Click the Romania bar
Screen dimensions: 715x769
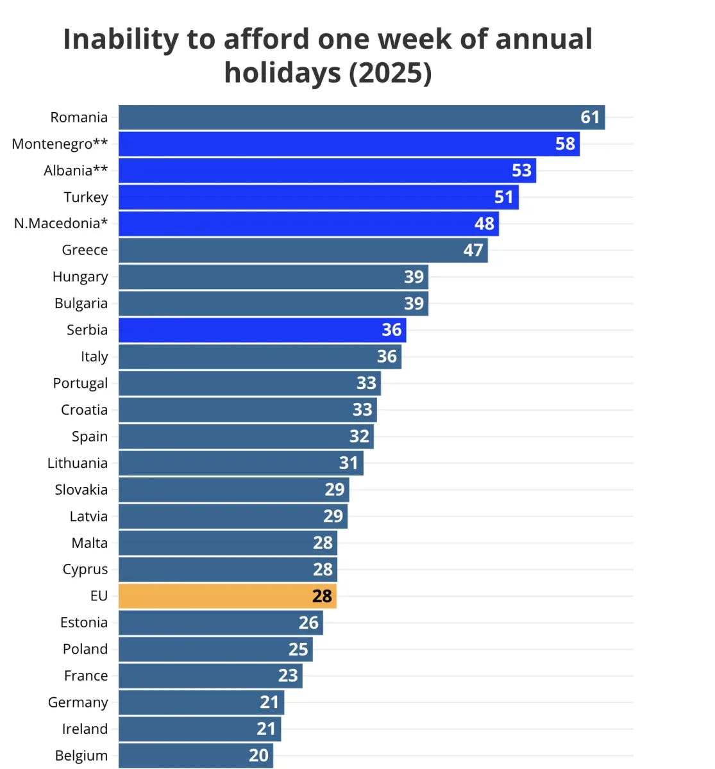click(362, 117)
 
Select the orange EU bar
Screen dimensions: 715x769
click(228, 596)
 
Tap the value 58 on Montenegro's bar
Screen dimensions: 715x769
click(565, 144)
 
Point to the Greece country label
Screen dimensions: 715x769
click(85, 250)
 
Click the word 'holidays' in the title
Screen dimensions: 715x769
click(283, 73)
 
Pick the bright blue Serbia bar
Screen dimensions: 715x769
click(262, 330)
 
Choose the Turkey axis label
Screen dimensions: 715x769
click(86, 197)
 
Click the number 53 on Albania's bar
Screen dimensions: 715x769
click(521, 170)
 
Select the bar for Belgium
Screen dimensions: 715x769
click(196, 756)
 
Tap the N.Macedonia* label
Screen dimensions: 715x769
click(61, 224)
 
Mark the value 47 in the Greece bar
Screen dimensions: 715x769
click(473, 251)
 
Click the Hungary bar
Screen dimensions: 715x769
click(273, 277)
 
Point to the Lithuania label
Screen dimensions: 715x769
click(78, 463)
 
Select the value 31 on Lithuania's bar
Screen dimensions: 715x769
click(348, 463)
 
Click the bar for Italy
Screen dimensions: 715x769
click(260, 356)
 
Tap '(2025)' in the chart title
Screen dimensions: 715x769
click(391, 73)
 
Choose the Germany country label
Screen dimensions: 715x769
click(78, 703)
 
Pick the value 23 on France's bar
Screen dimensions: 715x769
click(288, 675)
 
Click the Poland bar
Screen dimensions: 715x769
click(215, 649)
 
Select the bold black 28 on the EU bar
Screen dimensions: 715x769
click(322, 597)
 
